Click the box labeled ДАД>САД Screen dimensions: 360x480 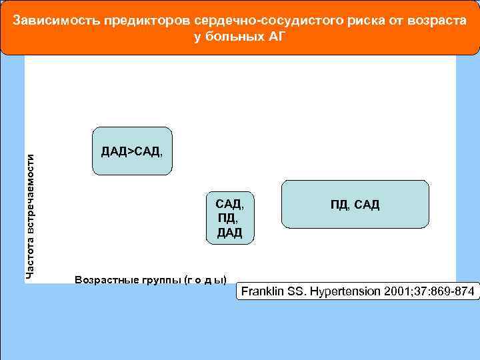point(131,151)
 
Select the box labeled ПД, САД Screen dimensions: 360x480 point(355,204)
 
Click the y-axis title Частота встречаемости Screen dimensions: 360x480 point(29,216)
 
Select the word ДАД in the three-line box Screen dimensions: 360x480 point(229,232)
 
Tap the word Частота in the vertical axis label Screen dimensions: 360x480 point(29,257)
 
